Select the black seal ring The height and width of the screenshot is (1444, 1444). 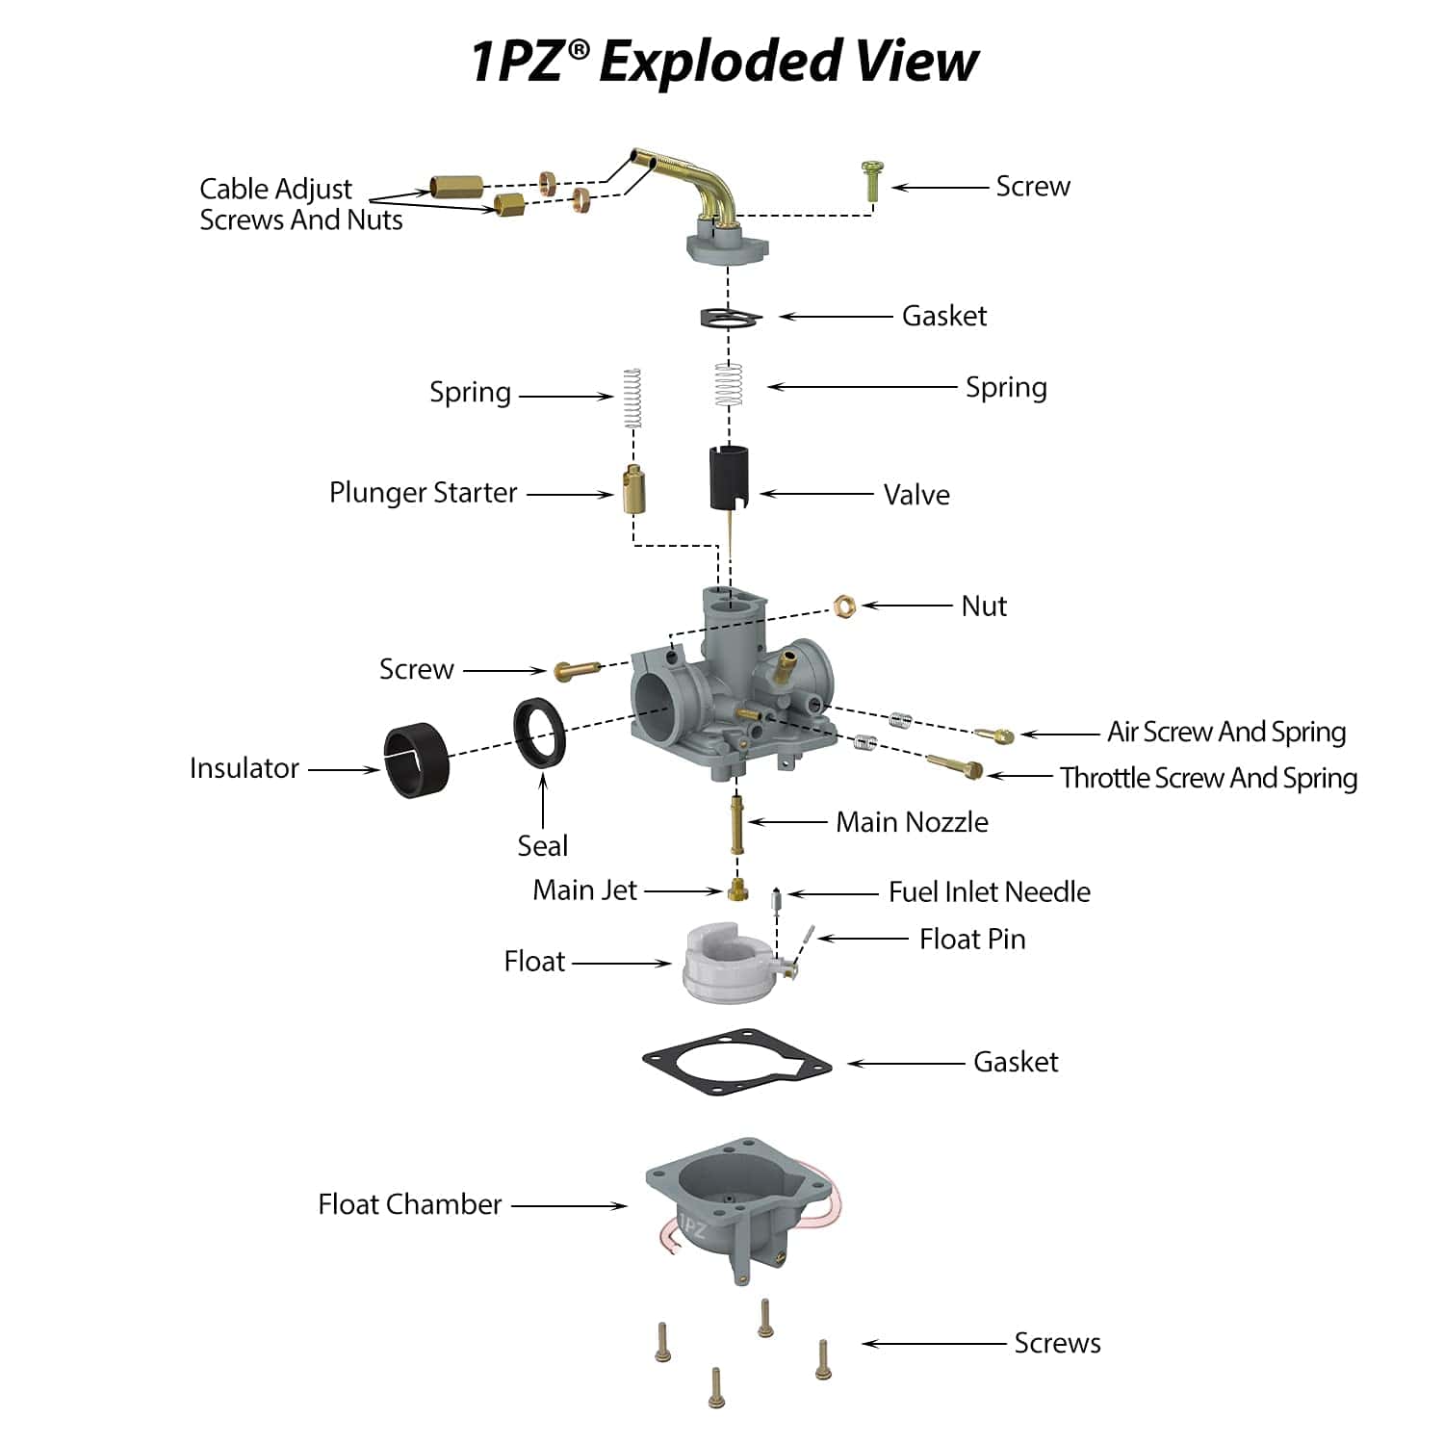(x=539, y=732)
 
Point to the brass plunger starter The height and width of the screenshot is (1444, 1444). (x=633, y=488)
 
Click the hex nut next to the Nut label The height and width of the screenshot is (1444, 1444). (x=844, y=606)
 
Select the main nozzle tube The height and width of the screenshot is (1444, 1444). (x=737, y=824)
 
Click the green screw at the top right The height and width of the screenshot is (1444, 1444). (x=871, y=180)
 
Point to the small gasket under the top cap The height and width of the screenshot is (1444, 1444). (x=731, y=317)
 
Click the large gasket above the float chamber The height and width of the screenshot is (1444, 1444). (x=736, y=1064)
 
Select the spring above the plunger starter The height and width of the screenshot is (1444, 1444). (x=632, y=397)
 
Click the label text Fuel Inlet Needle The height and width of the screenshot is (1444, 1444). (x=989, y=892)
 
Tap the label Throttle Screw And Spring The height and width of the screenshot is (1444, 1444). (x=1208, y=778)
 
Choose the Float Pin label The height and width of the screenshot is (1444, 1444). (x=972, y=939)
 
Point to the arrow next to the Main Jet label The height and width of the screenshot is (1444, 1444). (x=683, y=891)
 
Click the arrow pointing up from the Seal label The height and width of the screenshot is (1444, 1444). (x=543, y=799)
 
